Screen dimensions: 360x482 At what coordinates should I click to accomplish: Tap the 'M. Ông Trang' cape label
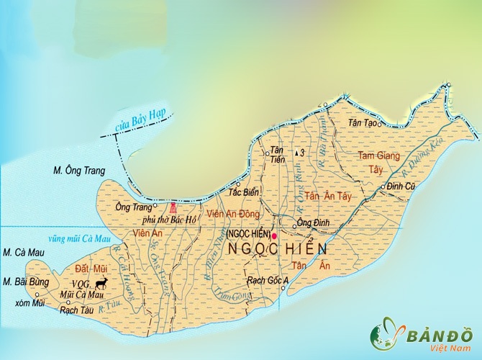(80, 171)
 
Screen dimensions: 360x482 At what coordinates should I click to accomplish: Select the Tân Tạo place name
(363, 124)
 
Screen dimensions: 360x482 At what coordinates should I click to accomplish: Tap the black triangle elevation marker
(296, 153)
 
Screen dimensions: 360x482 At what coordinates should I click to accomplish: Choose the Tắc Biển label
(242, 193)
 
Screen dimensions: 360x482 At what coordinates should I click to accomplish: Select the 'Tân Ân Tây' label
(328, 196)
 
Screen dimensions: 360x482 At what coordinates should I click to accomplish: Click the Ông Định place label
(313, 223)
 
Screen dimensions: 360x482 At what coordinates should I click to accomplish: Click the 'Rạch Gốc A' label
(268, 280)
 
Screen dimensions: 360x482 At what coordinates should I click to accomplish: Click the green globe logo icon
(385, 336)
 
